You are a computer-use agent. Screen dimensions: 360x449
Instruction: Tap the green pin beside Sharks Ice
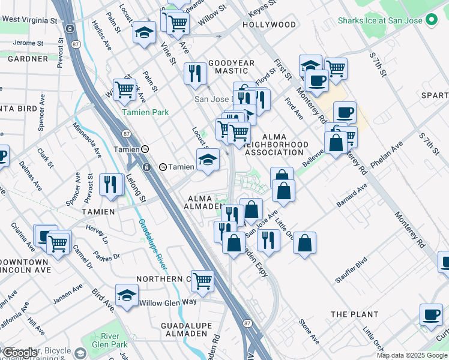pyautogui.click(x=431, y=20)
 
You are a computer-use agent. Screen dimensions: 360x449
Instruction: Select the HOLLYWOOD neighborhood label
pyautogui.click(x=270, y=25)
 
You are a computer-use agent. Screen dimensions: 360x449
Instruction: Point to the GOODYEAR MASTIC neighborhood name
pyautogui.click(x=231, y=67)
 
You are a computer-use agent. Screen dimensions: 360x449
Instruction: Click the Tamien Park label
pyautogui.click(x=145, y=112)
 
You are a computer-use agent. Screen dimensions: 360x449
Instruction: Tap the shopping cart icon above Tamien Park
pyautogui.click(x=124, y=89)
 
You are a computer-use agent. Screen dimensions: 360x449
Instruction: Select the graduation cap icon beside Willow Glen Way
pyautogui.click(x=127, y=296)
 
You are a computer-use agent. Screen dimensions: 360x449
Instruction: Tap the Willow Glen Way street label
pyautogui.click(x=167, y=303)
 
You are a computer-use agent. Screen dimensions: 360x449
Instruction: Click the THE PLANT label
pyautogui.click(x=355, y=314)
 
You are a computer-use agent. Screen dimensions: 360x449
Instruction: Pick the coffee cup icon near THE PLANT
pyautogui.click(x=430, y=315)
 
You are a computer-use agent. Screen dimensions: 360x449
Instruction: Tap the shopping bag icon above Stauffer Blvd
pyautogui.click(x=305, y=242)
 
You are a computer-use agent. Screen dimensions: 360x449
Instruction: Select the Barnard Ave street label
pyautogui.click(x=351, y=196)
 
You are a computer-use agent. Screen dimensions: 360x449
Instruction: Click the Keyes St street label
pyautogui.click(x=262, y=4)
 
